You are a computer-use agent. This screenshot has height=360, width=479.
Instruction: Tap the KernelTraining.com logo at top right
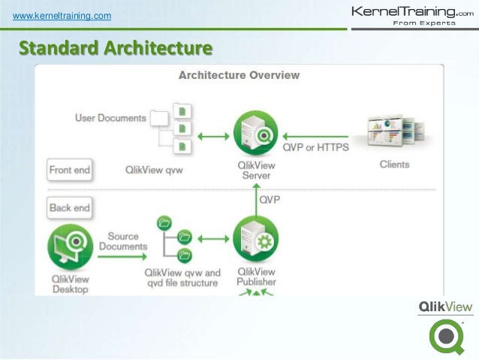tap(413, 15)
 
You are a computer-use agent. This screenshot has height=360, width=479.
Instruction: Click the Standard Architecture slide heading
tap(116, 50)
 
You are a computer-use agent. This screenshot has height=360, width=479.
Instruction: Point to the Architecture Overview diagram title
tap(239, 75)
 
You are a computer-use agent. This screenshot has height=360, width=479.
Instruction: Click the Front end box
tap(70, 170)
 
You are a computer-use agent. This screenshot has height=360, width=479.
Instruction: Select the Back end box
tap(69, 207)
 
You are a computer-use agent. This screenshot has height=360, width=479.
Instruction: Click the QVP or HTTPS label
tap(315, 148)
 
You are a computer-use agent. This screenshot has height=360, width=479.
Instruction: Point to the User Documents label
tap(110, 118)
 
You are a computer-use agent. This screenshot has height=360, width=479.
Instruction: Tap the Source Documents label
tap(123, 241)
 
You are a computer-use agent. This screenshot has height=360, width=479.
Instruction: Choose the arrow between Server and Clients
tap(323, 135)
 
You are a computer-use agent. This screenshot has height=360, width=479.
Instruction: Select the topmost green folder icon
tap(164, 222)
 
